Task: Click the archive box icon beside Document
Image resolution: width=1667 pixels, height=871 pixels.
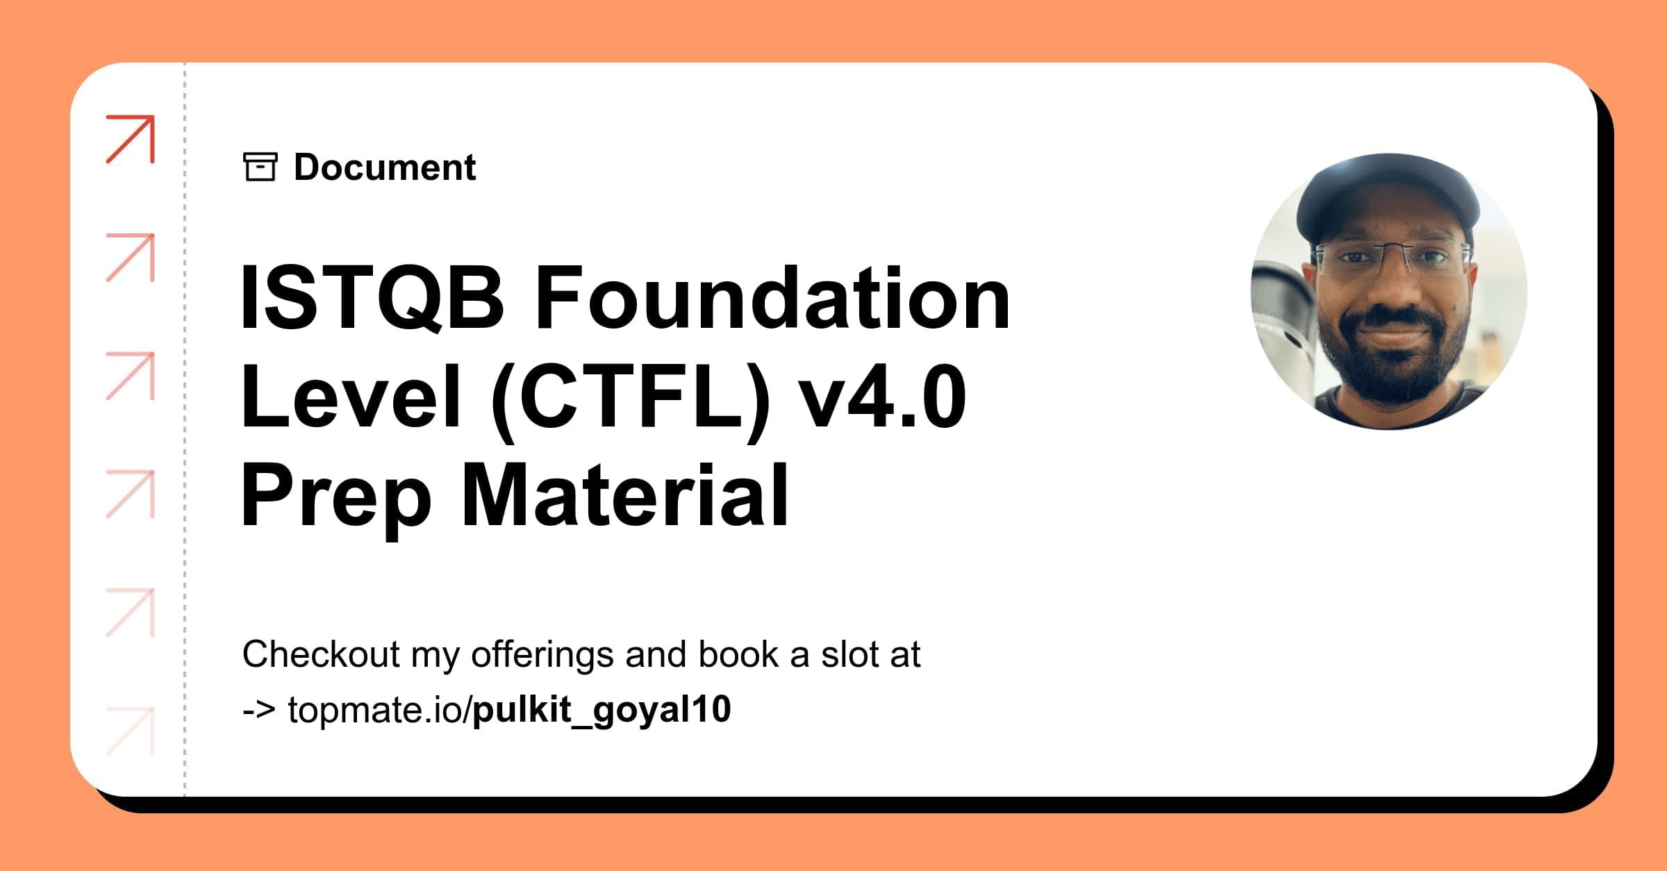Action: click(x=260, y=167)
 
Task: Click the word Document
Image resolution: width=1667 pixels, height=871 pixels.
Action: click(x=385, y=167)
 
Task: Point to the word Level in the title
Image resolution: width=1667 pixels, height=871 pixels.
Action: click(x=351, y=397)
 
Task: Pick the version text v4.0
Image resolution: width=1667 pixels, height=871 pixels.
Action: click(x=882, y=397)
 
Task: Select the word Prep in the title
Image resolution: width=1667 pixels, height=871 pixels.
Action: click(x=336, y=497)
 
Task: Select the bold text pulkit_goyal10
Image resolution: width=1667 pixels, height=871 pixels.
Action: click(x=602, y=710)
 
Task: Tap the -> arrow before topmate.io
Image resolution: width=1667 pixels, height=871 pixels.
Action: click(x=258, y=710)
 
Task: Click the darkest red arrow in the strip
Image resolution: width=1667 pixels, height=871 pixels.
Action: click(x=131, y=139)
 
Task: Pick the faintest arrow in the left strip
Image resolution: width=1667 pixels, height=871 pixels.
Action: click(x=131, y=731)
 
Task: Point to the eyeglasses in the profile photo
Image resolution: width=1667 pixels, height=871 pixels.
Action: click(x=1389, y=259)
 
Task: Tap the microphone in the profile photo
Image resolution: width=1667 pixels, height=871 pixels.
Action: click(x=1282, y=313)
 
